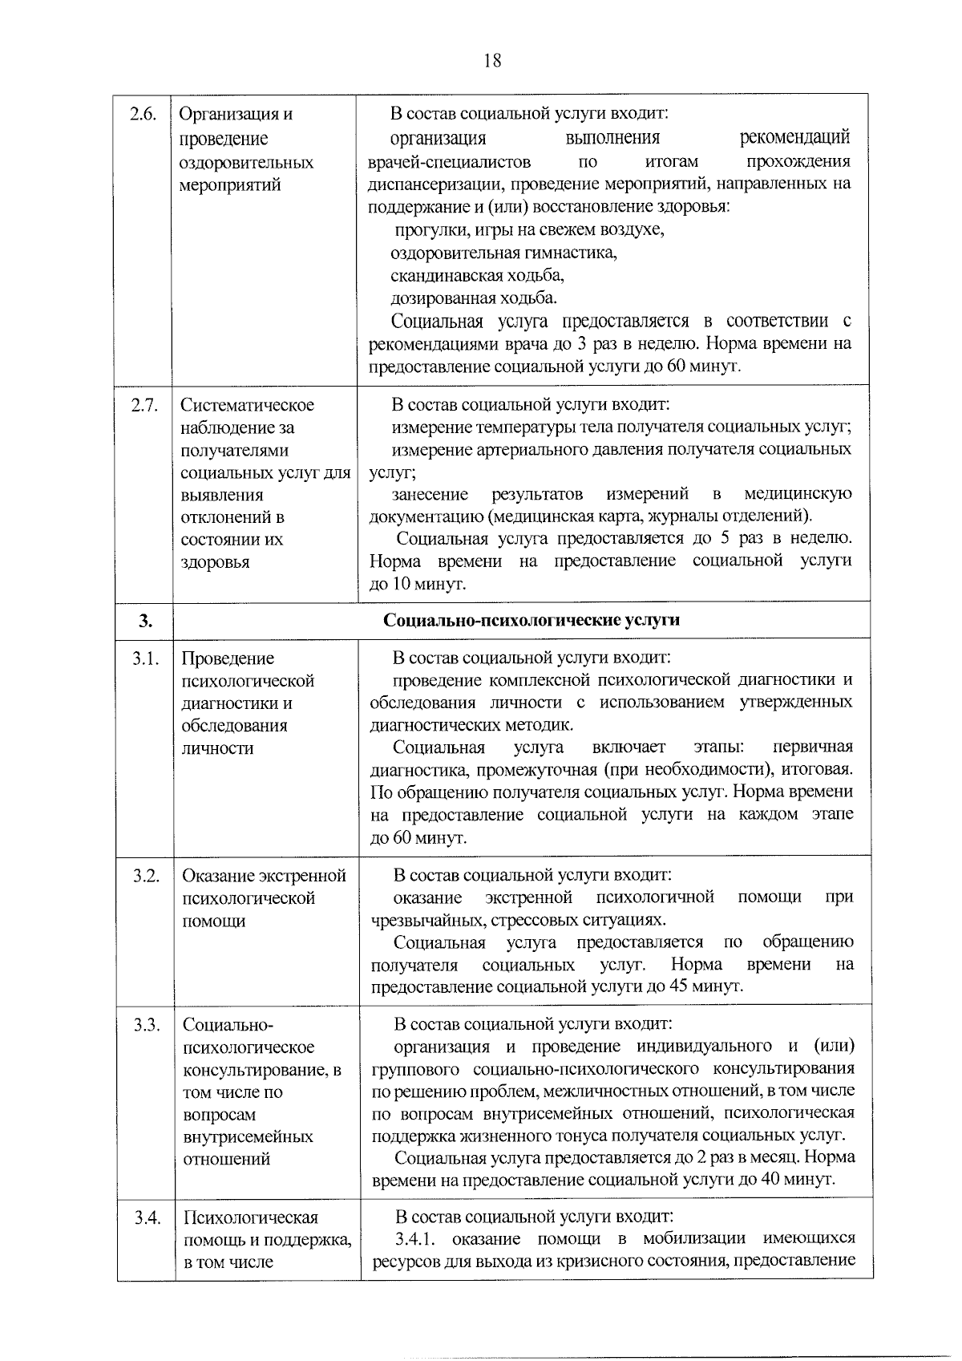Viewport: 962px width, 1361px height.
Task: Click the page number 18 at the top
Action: click(x=492, y=61)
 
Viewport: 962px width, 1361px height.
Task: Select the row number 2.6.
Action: click(x=143, y=114)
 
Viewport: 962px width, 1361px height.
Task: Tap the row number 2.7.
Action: click(x=143, y=405)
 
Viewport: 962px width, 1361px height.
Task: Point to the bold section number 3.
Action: click(x=144, y=620)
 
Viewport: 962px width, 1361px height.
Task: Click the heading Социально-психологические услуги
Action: click(x=532, y=620)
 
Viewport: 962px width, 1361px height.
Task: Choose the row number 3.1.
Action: click(x=145, y=658)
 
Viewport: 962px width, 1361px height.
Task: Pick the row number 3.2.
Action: click(x=146, y=875)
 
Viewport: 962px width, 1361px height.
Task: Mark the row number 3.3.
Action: click(x=146, y=1025)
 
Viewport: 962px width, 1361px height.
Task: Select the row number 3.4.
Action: click(x=147, y=1217)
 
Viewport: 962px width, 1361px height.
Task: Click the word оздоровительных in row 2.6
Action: click(x=246, y=162)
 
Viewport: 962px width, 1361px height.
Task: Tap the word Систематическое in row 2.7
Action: click(x=247, y=405)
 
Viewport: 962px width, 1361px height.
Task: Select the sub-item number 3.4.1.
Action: click(x=415, y=1238)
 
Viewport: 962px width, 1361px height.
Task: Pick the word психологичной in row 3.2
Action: click(x=655, y=897)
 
